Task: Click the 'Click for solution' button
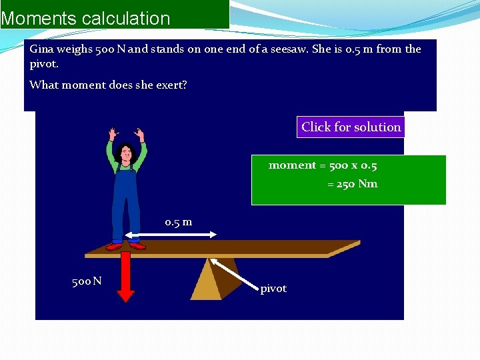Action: click(351, 127)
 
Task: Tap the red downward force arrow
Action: click(127, 283)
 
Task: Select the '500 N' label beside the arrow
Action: click(87, 281)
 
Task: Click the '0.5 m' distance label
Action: click(179, 222)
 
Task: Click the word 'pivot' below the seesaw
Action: click(273, 289)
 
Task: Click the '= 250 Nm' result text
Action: click(352, 184)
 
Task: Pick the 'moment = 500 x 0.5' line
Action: click(323, 165)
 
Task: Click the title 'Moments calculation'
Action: click(86, 18)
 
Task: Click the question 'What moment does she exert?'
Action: click(108, 85)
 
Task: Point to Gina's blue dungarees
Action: click(126, 200)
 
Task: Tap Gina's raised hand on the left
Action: click(111, 133)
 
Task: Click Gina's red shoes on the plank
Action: click(127, 245)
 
